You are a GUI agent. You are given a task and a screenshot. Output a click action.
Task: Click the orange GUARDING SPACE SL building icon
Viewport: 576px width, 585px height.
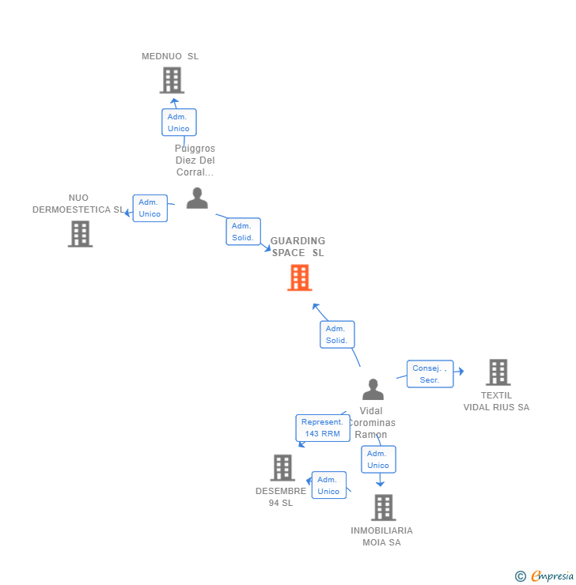point(299,277)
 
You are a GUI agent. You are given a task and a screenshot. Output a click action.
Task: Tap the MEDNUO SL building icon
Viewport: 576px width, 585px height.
point(172,81)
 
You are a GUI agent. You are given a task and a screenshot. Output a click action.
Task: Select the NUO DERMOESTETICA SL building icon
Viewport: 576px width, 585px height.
point(80,234)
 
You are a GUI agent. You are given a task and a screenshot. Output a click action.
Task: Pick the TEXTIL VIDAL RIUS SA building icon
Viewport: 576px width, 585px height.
point(498,372)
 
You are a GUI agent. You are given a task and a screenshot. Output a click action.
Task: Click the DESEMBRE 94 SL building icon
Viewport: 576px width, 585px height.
point(282,468)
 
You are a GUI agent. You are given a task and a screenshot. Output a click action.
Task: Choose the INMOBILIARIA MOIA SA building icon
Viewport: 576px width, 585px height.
point(383,508)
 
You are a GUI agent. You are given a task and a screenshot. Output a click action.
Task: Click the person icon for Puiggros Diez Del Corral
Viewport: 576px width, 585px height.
point(197,198)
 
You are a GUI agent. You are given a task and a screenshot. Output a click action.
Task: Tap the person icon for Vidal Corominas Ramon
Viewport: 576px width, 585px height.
point(373,390)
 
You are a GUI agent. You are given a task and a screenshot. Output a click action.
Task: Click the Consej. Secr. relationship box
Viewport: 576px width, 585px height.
point(430,374)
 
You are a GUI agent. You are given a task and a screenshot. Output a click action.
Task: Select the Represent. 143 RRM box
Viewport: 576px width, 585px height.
point(323,428)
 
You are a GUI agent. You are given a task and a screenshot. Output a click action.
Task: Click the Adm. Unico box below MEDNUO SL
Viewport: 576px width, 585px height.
point(179,123)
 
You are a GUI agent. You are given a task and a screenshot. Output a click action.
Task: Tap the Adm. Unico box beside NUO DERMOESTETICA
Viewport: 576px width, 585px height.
point(150,208)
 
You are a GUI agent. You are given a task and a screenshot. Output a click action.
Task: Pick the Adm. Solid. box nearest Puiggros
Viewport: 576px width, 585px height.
point(242,232)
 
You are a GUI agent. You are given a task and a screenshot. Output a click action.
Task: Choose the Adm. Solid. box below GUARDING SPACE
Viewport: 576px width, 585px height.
point(336,334)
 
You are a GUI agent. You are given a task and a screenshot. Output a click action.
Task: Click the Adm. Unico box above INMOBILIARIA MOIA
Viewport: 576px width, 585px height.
point(377,459)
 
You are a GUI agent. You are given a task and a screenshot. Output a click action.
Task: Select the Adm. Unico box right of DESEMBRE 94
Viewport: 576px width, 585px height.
point(328,485)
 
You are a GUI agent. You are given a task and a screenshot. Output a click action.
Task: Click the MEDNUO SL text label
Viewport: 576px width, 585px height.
point(170,56)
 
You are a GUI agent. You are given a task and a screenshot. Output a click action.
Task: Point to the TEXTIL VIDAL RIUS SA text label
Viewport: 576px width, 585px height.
point(496,402)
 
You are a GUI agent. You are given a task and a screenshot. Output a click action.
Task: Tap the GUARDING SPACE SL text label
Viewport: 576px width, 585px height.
point(298,247)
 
